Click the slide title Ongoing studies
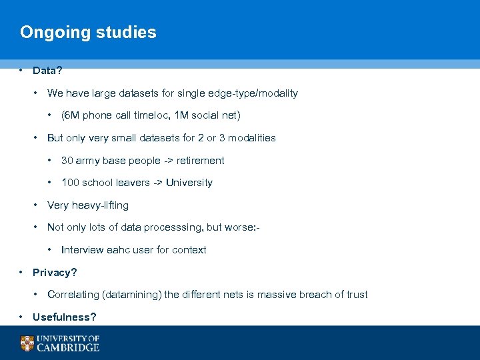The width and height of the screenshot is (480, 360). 88,33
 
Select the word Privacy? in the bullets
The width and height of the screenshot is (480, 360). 55,273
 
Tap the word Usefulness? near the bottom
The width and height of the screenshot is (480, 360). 64,317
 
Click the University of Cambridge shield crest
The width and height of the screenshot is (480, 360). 27,343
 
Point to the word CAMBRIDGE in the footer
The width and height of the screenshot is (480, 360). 68,347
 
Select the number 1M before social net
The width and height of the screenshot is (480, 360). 181,115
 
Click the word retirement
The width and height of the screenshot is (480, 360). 200,161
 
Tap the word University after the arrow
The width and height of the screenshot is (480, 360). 189,183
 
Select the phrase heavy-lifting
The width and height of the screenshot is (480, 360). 101,205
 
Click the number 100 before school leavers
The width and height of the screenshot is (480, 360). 70,183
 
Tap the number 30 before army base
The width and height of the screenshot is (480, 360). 67,161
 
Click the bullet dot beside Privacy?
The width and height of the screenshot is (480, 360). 22,272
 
